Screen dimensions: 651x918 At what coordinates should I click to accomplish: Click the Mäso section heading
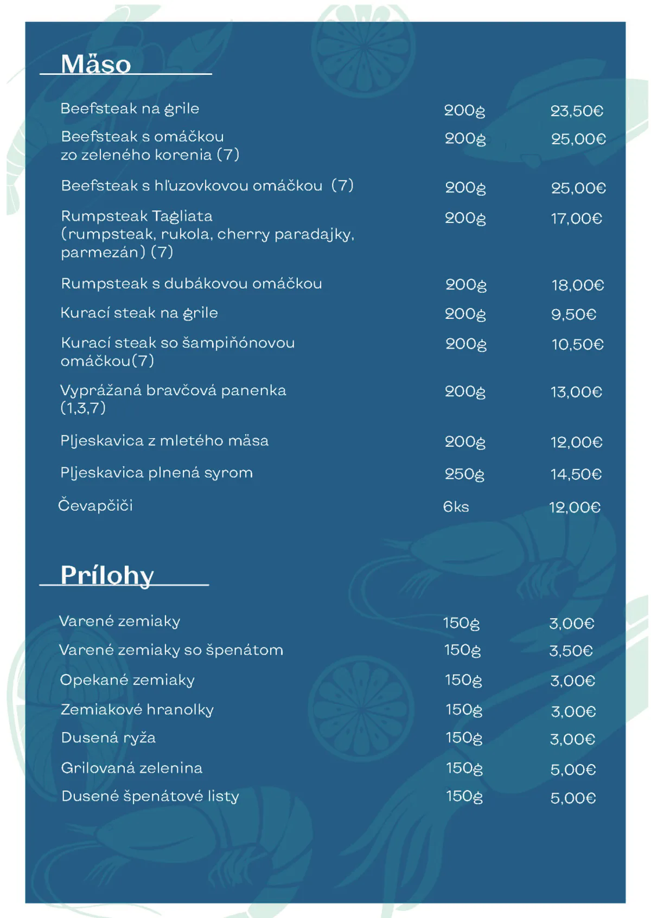click(95, 64)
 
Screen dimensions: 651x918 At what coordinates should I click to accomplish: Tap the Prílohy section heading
click(107, 575)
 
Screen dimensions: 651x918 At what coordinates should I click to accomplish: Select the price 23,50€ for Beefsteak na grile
click(577, 111)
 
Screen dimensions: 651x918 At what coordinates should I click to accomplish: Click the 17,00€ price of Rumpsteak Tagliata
click(576, 219)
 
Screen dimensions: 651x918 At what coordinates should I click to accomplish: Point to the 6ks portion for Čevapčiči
click(456, 506)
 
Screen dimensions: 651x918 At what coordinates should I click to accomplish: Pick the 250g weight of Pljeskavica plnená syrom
click(464, 474)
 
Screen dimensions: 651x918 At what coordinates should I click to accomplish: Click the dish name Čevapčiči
click(95, 505)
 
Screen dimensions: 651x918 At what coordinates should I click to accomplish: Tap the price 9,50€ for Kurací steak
click(573, 314)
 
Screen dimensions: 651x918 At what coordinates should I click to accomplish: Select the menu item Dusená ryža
click(108, 737)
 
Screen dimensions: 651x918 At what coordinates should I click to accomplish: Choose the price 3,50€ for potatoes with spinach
click(571, 651)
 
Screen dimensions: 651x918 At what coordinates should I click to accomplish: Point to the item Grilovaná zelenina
click(131, 768)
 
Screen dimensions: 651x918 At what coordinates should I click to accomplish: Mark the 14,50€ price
click(576, 474)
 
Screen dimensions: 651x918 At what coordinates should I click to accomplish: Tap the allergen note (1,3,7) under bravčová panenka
click(83, 408)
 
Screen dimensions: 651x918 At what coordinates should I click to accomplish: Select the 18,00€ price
click(578, 285)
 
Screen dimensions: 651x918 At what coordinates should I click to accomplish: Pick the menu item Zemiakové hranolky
click(137, 709)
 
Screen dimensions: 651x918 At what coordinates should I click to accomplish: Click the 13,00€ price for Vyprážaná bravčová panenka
click(576, 392)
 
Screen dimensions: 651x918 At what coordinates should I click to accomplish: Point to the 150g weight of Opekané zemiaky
click(463, 681)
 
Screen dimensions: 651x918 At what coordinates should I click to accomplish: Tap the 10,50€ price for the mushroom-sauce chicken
click(577, 344)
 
